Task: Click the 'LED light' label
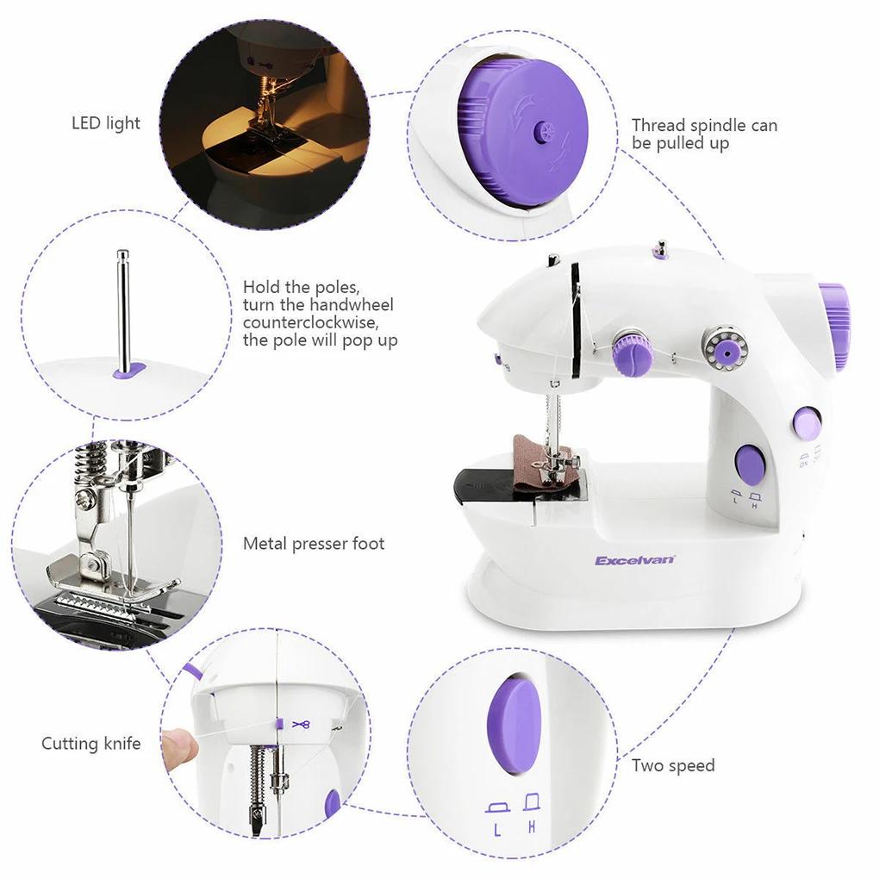click(105, 123)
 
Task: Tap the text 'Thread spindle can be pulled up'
click(703, 134)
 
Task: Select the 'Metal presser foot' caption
click(314, 544)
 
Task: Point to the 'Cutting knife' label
click(90, 743)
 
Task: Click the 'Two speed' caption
click(673, 765)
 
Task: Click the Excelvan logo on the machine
click(635, 560)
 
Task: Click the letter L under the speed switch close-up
click(497, 831)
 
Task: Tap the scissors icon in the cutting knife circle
click(301, 724)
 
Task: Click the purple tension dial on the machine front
click(631, 352)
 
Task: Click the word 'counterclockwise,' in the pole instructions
click(310, 322)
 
